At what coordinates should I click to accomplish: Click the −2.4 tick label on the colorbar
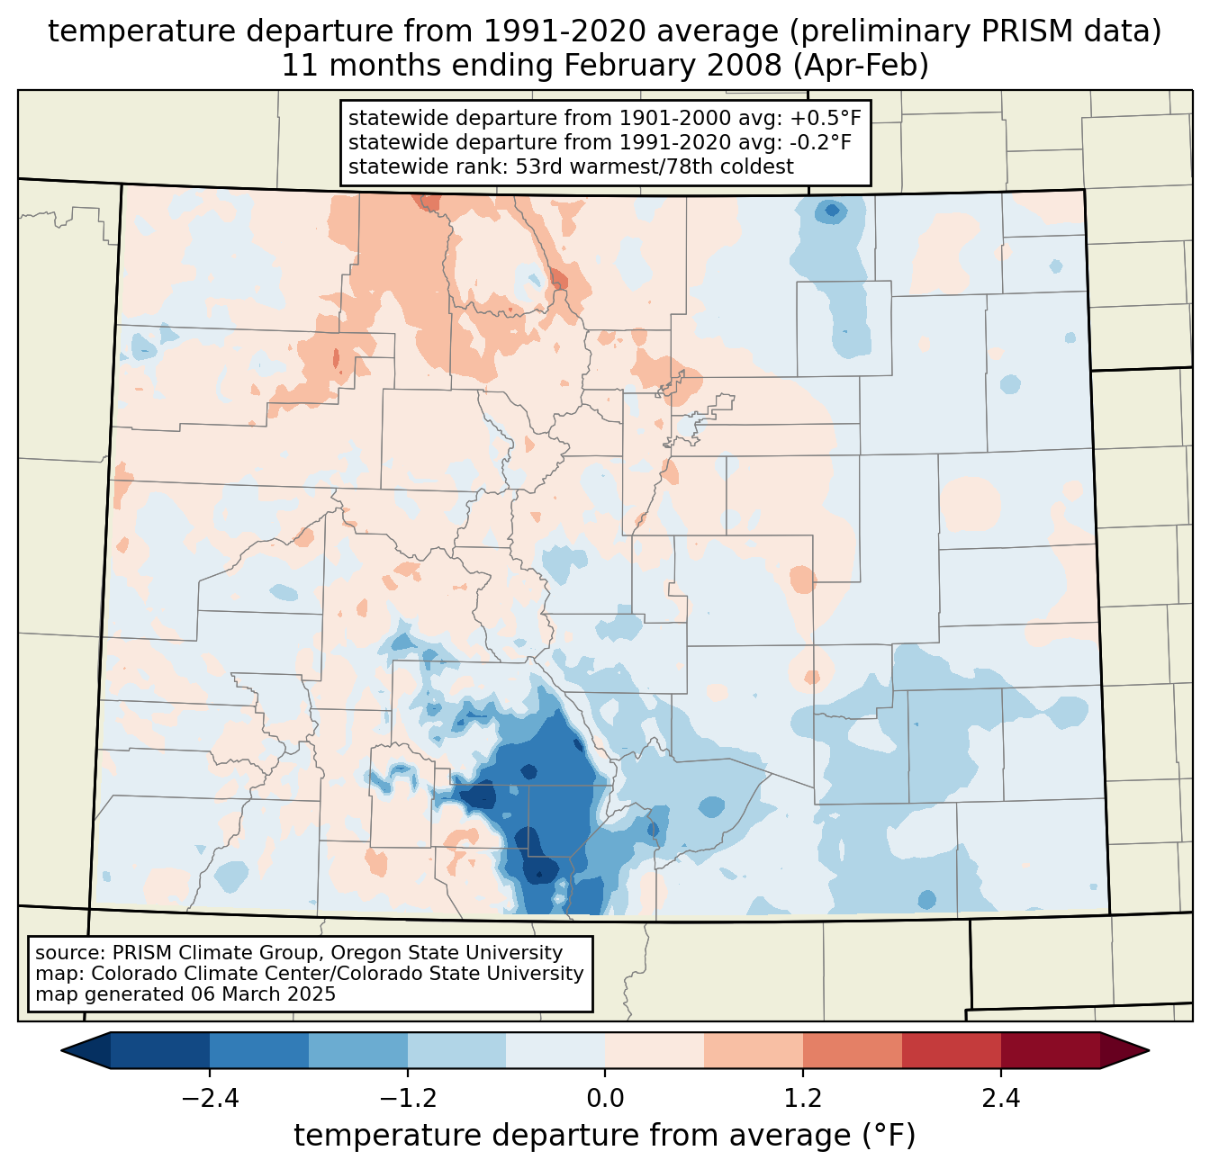click(210, 1099)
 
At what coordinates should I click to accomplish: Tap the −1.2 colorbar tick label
click(408, 1099)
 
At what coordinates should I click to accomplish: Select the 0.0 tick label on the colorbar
click(605, 1099)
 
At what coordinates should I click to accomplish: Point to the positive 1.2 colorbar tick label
click(803, 1099)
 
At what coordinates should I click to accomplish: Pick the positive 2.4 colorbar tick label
click(1000, 1099)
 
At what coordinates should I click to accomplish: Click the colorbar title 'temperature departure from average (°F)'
click(605, 1136)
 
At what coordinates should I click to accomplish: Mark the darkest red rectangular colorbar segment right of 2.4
click(1050, 1050)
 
